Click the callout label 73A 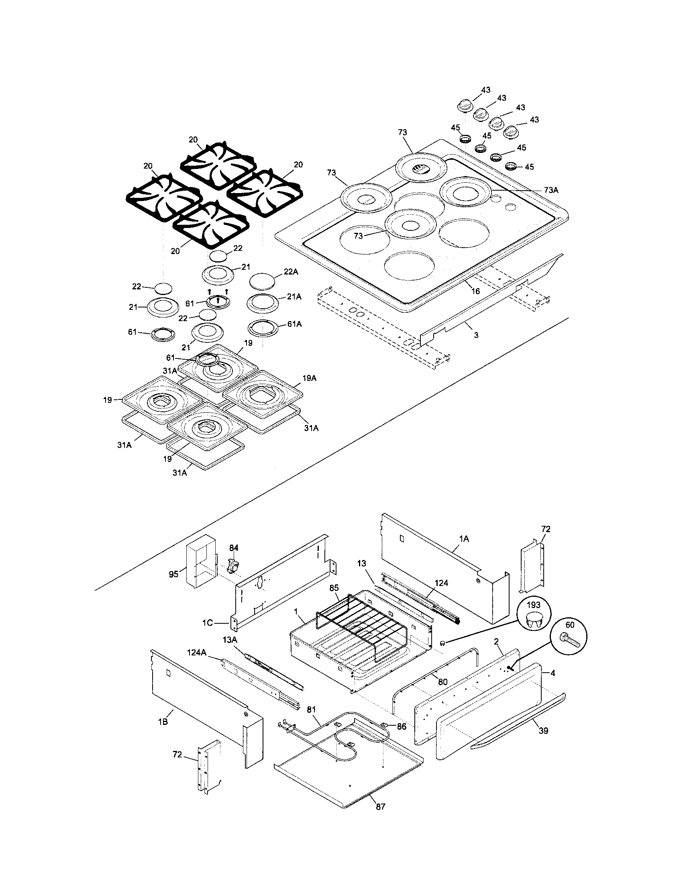pos(551,190)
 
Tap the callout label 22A pos(291,272)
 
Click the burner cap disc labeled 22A pos(262,281)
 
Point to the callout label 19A pos(309,378)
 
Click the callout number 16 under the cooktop pos(475,291)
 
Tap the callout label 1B pos(163,721)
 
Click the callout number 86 pos(401,726)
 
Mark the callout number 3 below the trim pos(476,335)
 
